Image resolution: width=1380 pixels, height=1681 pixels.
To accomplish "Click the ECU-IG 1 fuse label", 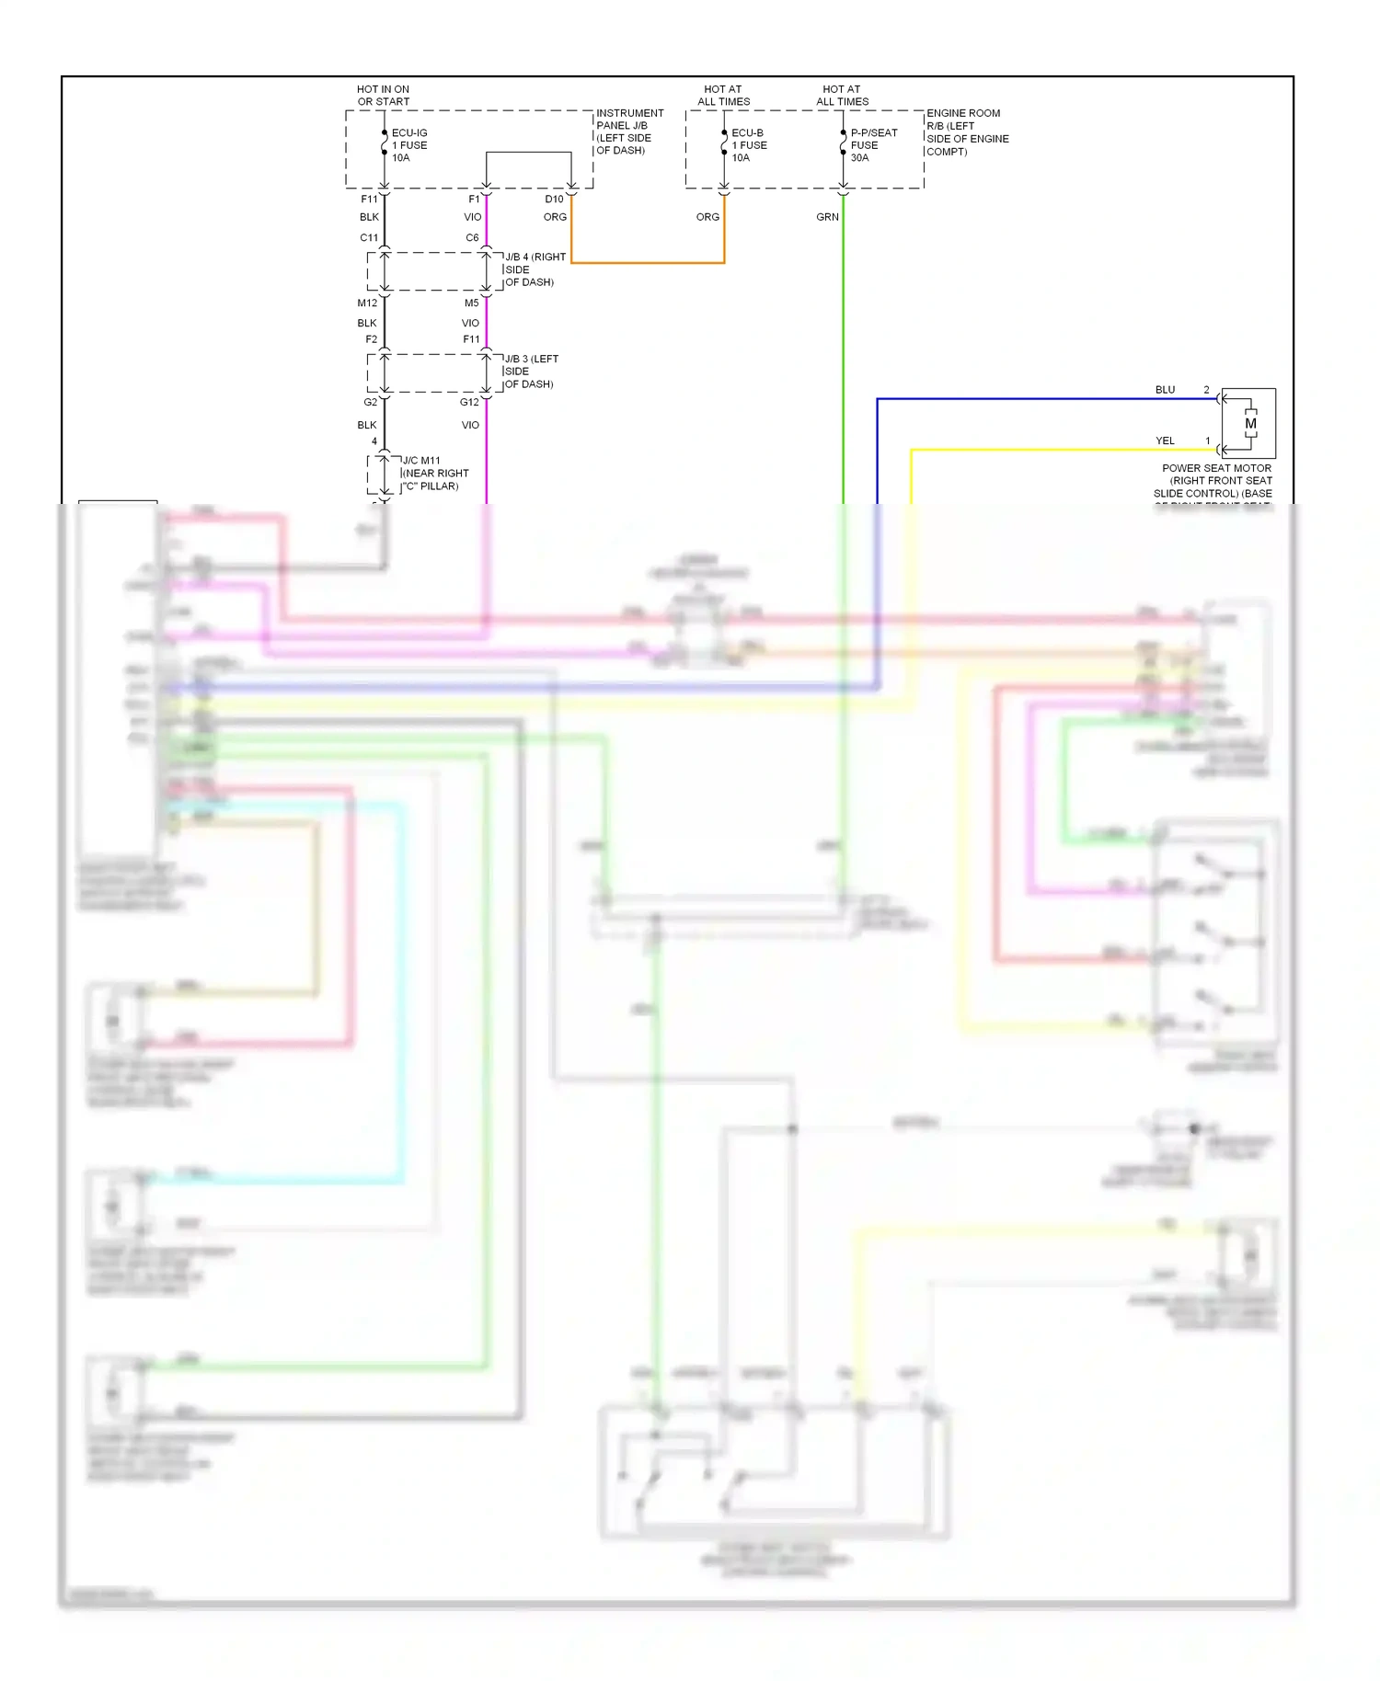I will (408, 145).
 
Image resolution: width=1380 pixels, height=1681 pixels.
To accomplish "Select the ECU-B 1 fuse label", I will (748, 145).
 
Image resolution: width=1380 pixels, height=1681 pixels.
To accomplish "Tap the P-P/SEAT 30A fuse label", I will (872, 145).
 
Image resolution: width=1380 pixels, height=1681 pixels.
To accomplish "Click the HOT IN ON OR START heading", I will (383, 96).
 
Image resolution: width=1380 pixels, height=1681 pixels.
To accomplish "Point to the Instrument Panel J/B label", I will (629, 132).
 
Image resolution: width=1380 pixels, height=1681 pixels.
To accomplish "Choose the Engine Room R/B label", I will (966, 132).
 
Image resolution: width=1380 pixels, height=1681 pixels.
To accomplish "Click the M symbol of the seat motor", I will (1250, 424).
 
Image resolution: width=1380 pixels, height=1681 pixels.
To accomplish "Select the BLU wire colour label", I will (1165, 390).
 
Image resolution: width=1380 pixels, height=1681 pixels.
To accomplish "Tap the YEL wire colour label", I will (1165, 440).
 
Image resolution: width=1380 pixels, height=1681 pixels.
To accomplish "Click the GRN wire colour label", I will (827, 217).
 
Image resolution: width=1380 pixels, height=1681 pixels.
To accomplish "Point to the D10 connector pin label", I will (554, 199).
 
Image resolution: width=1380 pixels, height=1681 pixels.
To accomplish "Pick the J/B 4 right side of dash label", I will (535, 269).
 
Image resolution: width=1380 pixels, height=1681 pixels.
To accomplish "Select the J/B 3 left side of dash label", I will (531, 372).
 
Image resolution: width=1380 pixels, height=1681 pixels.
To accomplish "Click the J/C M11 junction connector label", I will (435, 473).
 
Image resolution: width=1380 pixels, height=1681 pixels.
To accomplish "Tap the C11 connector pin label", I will (369, 237).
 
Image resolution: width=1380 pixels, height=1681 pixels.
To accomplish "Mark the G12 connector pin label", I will (469, 402).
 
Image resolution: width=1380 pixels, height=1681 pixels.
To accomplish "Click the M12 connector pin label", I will (367, 303).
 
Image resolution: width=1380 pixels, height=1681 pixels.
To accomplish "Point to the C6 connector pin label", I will (472, 237).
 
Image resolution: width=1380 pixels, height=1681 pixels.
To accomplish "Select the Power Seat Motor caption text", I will (1215, 481).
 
